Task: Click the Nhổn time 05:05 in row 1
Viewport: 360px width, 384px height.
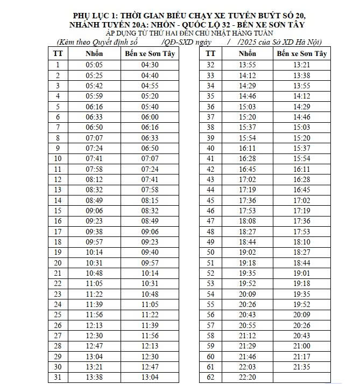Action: (x=94, y=65)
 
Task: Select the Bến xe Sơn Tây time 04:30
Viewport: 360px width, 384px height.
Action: (x=150, y=65)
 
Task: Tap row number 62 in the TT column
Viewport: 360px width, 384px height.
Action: (x=210, y=377)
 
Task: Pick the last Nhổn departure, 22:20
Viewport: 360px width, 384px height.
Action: (x=247, y=377)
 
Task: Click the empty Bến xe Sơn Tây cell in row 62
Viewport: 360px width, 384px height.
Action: (x=302, y=377)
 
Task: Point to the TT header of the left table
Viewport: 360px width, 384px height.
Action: (x=58, y=53)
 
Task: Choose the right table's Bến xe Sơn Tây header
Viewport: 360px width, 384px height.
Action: (x=302, y=53)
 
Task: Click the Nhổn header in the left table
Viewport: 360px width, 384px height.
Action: (x=94, y=53)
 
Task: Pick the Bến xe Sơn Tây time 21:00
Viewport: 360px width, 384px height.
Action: (x=302, y=346)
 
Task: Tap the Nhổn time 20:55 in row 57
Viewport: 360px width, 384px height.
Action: (x=247, y=325)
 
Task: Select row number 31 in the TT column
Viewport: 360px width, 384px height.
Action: (x=58, y=377)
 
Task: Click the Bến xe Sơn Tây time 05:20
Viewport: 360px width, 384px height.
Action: (x=150, y=96)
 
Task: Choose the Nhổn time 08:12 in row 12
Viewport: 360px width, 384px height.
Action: (x=94, y=179)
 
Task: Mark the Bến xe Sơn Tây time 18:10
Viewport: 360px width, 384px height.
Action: (x=302, y=242)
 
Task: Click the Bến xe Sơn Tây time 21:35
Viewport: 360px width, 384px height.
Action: (x=302, y=367)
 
